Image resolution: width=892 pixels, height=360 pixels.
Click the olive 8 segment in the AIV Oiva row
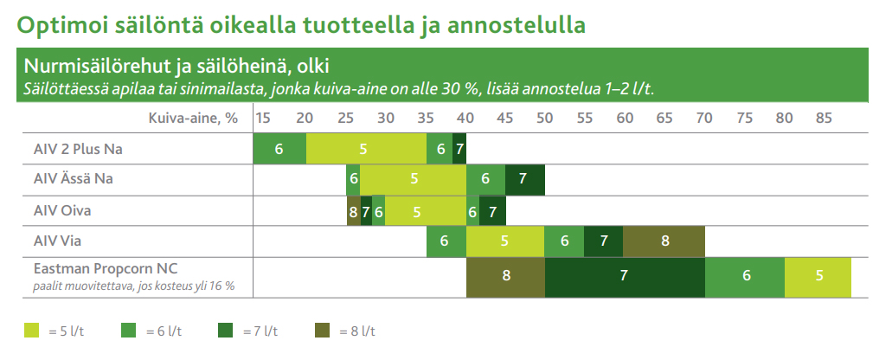coord(353,211)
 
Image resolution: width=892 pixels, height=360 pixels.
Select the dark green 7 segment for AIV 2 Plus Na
coord(459,149)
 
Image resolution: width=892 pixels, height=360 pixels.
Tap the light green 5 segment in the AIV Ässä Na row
coord(414,179)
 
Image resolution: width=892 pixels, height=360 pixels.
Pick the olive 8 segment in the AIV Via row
coord(664,241)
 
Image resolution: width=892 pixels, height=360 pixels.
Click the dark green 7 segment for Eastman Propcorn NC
coord(625,276)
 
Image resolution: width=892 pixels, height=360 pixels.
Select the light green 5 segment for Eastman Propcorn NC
coord(818,276)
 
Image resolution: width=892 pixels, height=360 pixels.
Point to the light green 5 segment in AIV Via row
coord(505,241)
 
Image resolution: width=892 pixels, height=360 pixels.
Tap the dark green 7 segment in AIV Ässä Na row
coord(524,179)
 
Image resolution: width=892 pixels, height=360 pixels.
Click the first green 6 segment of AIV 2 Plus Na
coord(279,149)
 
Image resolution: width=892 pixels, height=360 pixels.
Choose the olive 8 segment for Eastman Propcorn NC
coord(506,276)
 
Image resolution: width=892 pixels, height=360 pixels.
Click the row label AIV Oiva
coord(62,211)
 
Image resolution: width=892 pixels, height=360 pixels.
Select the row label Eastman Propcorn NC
coord(106,268)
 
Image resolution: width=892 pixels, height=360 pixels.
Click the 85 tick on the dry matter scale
coord(824,119)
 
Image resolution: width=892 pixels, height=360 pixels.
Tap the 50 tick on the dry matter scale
coord(544,119)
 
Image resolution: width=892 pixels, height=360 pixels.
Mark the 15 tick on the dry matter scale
coord(262,119)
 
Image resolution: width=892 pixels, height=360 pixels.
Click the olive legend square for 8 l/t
coord(322,331)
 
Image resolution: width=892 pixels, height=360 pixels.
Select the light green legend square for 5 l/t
coord(32,331)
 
